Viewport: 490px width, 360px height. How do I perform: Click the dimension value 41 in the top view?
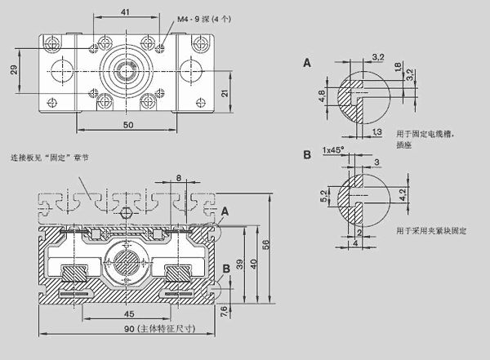pyautogui.click(x=124, y=11)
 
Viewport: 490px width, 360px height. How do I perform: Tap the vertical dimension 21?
pyautogui.click(x=224, y=95)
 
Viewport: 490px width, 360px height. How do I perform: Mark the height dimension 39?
pyautogui.click(x=240, y=264)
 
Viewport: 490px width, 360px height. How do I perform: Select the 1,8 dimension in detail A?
pyautogui.click(x=397, y=68)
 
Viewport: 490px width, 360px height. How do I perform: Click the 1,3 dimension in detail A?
pyautogui.click(x=376, y=131)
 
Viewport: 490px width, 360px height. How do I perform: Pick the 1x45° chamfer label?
pyautogui.click(x=332, y=150)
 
